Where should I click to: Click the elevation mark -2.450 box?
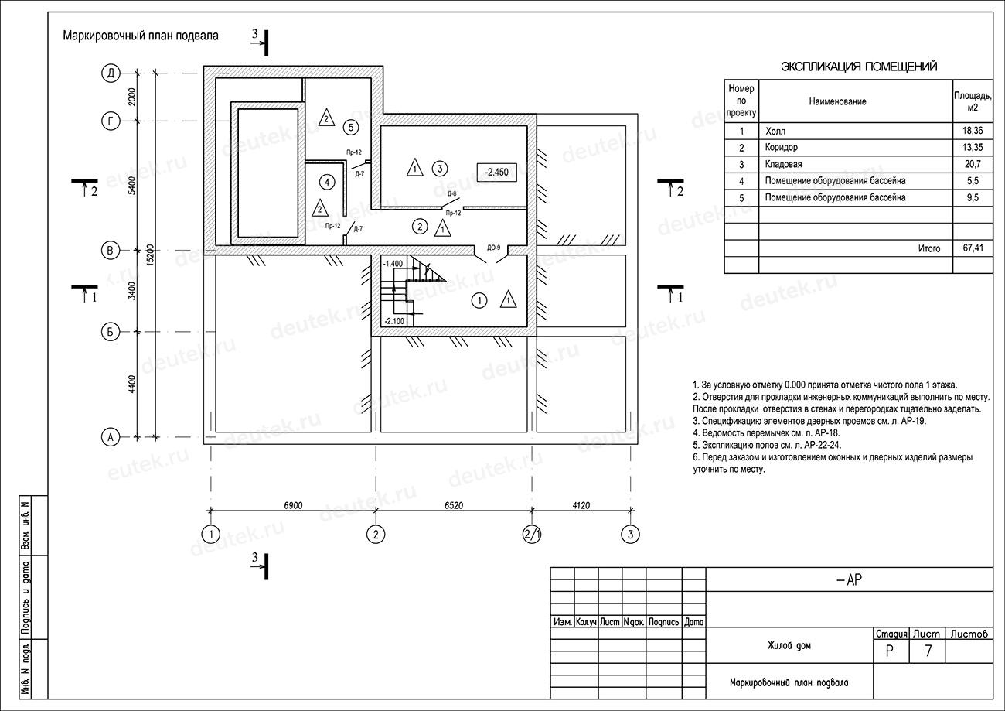496,173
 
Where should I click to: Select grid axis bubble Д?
111,73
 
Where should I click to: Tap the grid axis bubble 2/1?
532,534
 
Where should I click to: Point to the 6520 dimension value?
454,505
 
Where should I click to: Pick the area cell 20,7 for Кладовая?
973,165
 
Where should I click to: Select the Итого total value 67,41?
973,248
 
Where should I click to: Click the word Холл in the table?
775,132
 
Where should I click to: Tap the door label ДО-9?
493,248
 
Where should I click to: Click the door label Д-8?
451,194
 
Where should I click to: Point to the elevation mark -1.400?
393,264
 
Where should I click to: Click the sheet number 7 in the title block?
928,651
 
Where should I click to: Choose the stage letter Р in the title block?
891,651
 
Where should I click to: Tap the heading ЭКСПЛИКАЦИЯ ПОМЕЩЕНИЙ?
859,67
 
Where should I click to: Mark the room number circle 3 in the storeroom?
439,168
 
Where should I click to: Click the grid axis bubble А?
111,437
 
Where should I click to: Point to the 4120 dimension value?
581,505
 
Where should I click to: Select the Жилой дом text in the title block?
789,645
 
